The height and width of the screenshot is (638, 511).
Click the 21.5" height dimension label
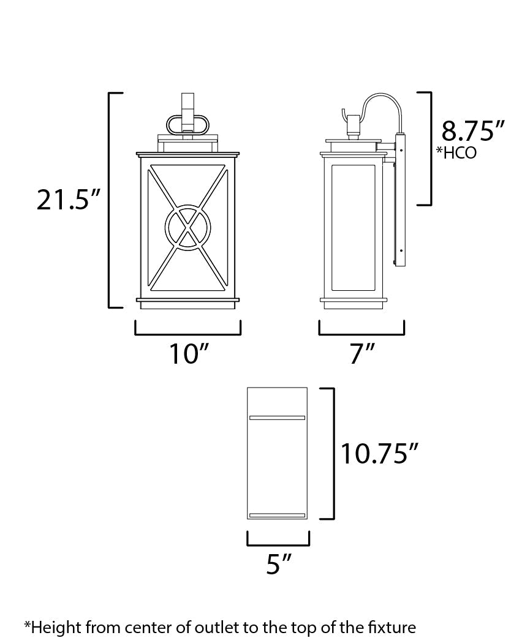tap(67, 200)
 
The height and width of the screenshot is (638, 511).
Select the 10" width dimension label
tap(188, 354)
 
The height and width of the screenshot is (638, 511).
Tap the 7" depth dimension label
tap(362, 354)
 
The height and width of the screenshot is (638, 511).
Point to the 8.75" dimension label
tap(472, 131)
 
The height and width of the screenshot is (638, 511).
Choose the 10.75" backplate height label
tap(379, 454)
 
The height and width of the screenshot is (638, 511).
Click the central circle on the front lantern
tap(187, 227)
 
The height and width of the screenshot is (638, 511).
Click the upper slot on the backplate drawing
tap(278, 418)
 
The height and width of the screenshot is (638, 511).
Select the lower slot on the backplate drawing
tap(278, 516)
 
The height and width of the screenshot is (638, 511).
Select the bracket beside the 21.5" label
tap(110, 200)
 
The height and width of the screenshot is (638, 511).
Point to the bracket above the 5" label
tap(278, 544)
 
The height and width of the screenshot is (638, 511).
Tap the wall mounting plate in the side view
tap(401, 202)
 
